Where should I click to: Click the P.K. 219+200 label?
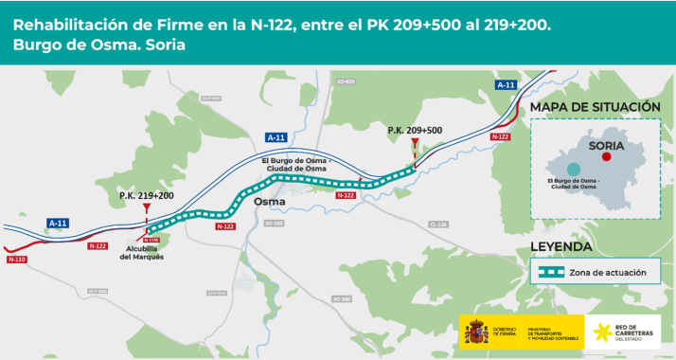[x=146, y=195]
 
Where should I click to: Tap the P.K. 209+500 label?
[x=415, y=130]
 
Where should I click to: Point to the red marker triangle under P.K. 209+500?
[x=415, y=141]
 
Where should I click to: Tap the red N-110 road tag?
[x=16, y=259]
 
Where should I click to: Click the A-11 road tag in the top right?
[x=506, y=85]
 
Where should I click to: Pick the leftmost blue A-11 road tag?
[x=58, y=223]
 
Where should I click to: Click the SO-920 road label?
[x=345, y=81]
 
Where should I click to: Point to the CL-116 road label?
[x=437, y=225]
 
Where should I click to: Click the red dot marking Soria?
[x=606, y=158]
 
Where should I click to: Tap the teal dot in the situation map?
[x=574, y=168]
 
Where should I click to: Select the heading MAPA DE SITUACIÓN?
[x=595, y=107]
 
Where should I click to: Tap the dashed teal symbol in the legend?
[x=551, y=272]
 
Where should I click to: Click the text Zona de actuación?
[x=614, y=272]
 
